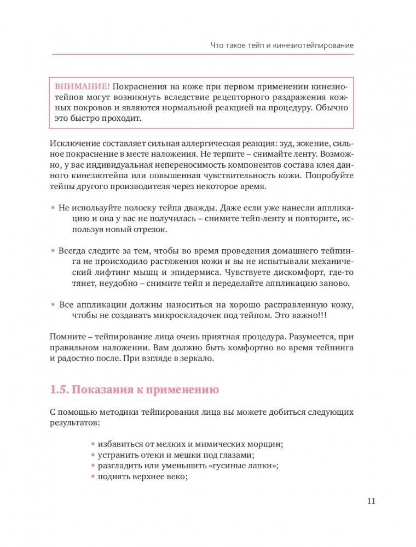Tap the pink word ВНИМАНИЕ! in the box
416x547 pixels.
[83, 87]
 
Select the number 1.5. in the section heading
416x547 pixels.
[60, 390]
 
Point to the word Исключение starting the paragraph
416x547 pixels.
[73, 144]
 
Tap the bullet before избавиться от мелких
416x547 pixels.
[93, 444]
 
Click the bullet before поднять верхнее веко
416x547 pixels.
[93, 476]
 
